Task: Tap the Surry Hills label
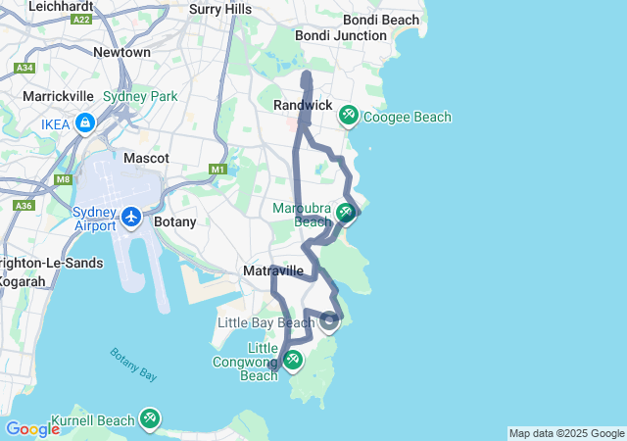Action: (220, 9)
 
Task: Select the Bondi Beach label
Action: (382, 20)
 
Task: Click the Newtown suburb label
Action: (121, 52)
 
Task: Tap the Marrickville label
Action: (58, 96)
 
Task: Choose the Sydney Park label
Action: (140, 96)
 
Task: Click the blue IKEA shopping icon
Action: (85, 123)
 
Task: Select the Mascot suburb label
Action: (146, 158)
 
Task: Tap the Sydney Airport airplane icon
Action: (132, 214)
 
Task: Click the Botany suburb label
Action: (175, 221)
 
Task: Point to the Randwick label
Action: (303, 105)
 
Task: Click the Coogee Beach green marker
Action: (348, 117)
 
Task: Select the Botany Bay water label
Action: (133, 364)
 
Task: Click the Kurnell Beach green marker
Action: (150, 418)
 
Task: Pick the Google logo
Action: (31, 429)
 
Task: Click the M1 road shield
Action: (217, 170)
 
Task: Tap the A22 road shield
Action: (81, 19)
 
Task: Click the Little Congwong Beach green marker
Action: (292, 360)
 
